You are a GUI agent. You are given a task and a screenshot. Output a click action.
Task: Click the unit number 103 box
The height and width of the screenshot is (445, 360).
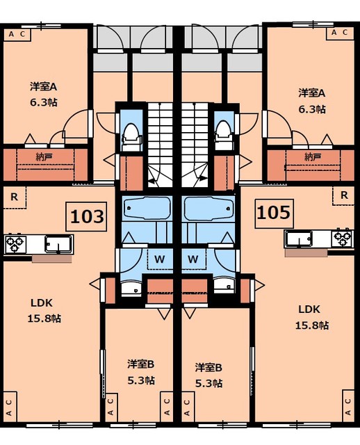point(86,216)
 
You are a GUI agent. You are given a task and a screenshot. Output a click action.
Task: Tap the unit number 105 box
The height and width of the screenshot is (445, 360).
point(274,213)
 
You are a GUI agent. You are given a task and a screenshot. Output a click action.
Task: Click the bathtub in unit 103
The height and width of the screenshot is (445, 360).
point(148,208)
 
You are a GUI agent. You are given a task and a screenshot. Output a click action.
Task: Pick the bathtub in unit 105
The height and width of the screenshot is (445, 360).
point(208,208)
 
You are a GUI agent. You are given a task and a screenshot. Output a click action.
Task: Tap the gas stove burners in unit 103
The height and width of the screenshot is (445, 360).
point(15,244)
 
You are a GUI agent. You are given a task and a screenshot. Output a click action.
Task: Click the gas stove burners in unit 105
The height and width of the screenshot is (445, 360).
point(343,238)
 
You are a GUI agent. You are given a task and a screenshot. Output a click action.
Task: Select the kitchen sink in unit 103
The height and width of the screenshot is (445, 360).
point(58,244)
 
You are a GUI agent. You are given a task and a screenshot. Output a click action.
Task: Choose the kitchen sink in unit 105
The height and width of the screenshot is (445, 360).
point(299,238)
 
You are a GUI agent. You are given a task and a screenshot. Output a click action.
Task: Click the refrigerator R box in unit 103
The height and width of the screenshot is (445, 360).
point(15,197)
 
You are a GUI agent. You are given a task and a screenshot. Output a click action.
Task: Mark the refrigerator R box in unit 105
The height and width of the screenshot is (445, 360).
point(343,195)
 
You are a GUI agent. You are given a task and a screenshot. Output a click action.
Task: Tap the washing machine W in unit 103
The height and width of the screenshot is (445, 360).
point(160,259)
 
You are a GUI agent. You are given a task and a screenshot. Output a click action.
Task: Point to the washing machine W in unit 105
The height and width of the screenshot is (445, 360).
point(193,259)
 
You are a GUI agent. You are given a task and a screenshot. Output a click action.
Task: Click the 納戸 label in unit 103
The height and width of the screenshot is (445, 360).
point(44,156)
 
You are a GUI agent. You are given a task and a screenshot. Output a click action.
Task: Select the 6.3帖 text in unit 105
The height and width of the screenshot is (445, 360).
point(312,109)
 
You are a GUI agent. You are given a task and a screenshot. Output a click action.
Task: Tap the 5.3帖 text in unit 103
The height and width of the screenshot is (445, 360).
point(141,380)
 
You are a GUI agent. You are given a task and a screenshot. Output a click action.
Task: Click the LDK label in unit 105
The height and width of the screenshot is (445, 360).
point(309,309)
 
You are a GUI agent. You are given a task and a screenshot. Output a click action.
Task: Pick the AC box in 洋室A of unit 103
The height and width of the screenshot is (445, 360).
point(17,35)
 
